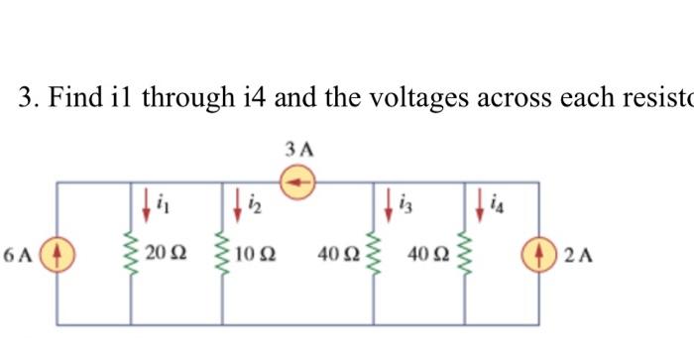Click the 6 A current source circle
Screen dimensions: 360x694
[57, 254]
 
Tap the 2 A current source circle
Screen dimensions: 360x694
[539, 254]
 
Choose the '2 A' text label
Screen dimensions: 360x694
[578, 255]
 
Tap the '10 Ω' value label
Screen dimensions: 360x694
[254, 255]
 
